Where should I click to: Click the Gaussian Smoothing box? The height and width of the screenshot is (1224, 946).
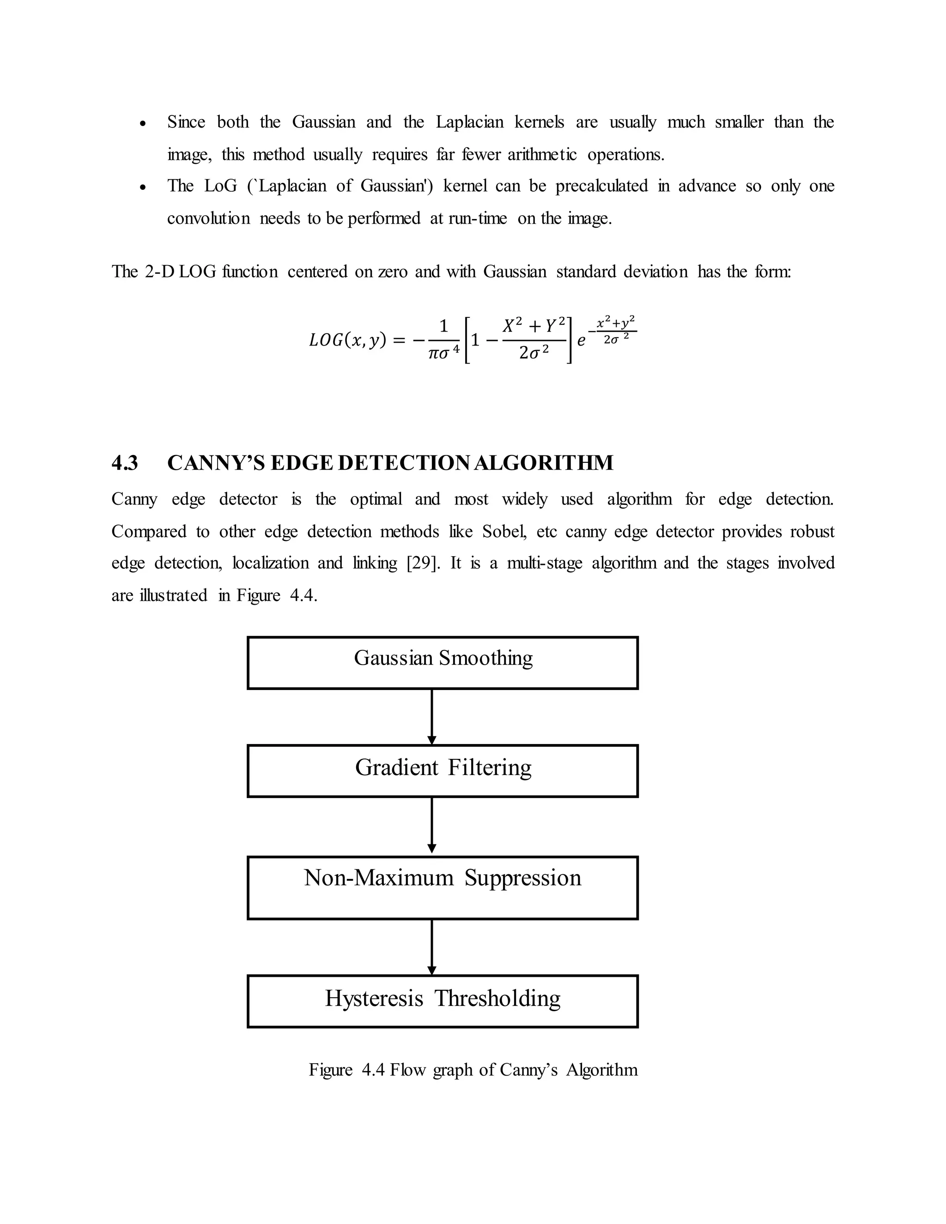pos(443,662)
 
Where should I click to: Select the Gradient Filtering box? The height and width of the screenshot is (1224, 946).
pos(443,771)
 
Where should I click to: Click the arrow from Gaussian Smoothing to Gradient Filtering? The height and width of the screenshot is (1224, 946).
pos(431,717)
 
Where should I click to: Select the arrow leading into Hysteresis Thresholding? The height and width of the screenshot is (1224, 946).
pos(431,947)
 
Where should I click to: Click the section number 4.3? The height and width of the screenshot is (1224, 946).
pos(124,463)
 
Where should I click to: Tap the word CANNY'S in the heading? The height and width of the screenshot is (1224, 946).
pos(215,463)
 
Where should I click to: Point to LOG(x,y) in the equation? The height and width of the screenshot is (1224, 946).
pos(347,340)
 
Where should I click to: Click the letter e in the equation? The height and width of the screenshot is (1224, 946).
pos(581,341)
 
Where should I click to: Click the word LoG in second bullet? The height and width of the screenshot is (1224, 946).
pos(220,186)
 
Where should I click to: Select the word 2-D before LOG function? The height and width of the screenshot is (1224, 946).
pos(160,272)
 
